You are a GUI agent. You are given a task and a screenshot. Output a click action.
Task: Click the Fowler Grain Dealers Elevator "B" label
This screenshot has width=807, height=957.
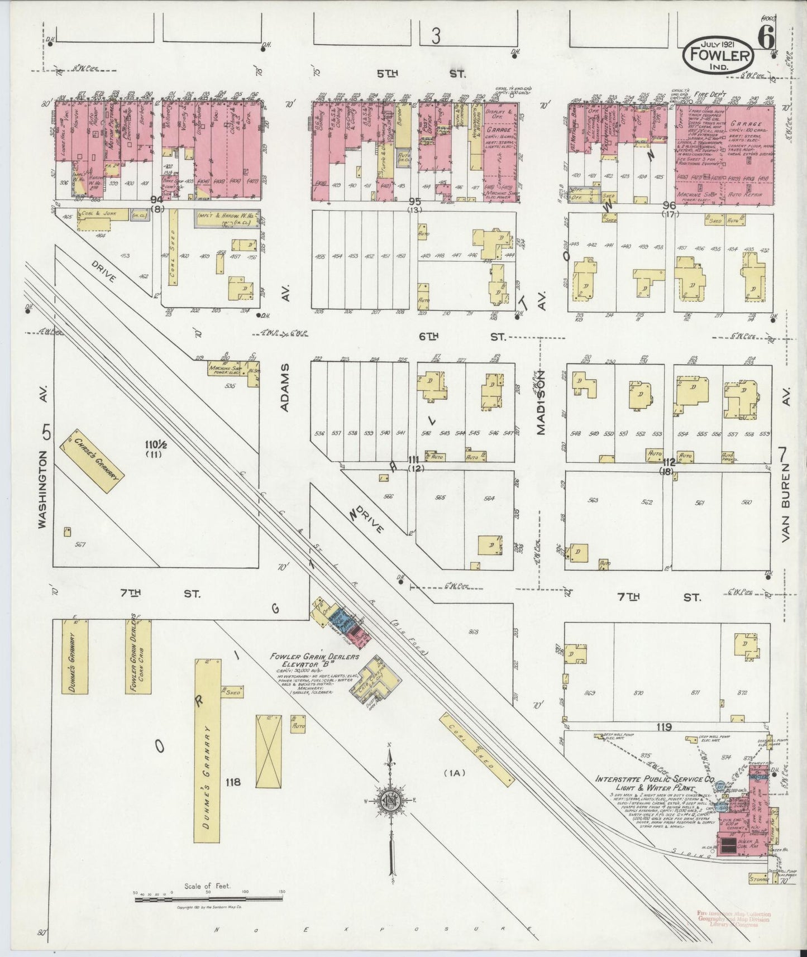tap(313, 661)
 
